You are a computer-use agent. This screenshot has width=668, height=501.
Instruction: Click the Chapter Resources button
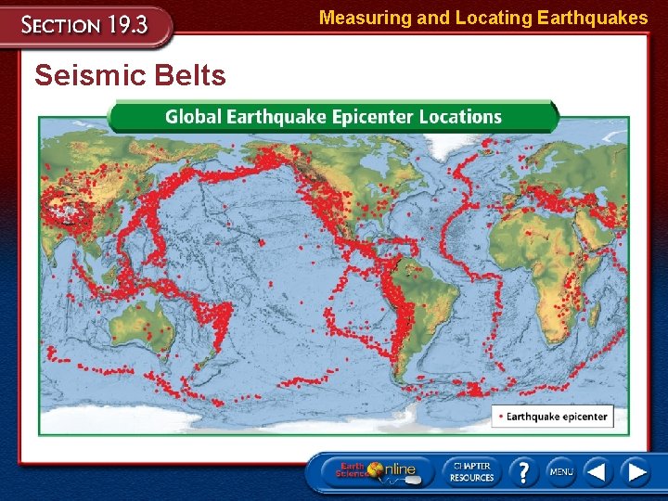pyautogui.click(x=471, y=470)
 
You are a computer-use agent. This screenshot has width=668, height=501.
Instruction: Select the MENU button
pyautogui.click(x=561, y=471)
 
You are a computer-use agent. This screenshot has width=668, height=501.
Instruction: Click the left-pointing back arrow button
pyautogui.click(x=598, y=471)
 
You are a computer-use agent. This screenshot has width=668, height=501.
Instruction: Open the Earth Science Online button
pyautogui.click(x=376, y=470)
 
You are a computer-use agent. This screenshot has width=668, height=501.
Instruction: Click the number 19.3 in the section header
pyautogui.click(x=126, y=24)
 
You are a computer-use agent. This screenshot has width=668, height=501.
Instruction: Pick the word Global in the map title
pyautogui.click(x=193, y=117)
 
